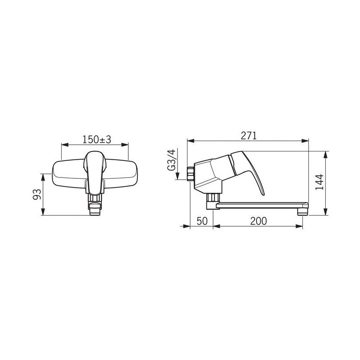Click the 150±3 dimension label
[97, 139]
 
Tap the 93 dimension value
[37, 194]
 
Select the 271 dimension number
[249, 136]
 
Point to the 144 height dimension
[319, 182]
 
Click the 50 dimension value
[202, 221]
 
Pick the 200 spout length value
[259, 221]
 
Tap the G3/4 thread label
[171, 160]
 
